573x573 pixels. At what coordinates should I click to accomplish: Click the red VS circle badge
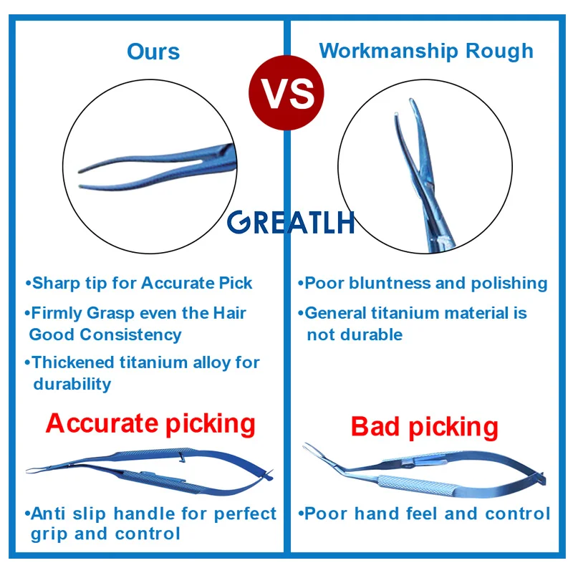(x=286, y=93)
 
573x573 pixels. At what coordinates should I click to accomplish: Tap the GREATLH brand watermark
(x=291, y=222)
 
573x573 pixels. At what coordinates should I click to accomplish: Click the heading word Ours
(x=153, y=52)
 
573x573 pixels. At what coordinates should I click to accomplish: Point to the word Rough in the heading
(x=499, y=52)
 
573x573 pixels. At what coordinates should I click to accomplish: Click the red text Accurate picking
(x=150, y=425)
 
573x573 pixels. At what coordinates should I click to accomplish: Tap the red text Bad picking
(x=424, y=427)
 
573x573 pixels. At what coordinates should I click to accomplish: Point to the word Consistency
(x=130, y=335)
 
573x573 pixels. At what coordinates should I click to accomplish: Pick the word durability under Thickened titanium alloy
(x=72, y=385)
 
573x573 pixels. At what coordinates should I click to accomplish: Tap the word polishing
(x=509, y=284)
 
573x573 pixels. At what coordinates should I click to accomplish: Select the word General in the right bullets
(x=335, y=313)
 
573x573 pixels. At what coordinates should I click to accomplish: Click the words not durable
(x=355, y=334)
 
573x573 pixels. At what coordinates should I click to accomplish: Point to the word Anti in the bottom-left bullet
(x=48, y=514)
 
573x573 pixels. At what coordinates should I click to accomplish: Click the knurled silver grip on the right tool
(x=415, y=485)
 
